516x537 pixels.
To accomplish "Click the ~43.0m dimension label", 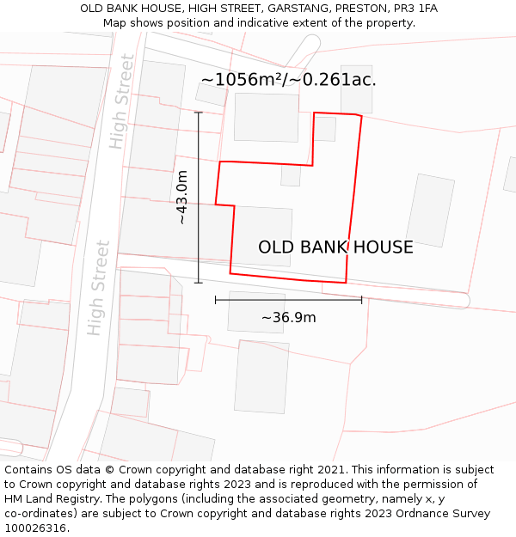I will pos(181,198).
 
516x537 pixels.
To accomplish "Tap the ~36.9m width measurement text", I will pos(288,318).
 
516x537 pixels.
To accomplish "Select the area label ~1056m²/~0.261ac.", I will pos(288,80).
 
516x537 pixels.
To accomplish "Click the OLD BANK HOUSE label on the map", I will pos(335,247).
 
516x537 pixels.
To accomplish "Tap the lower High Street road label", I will pos(99,288).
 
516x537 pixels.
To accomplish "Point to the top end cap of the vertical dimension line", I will pos(199,112).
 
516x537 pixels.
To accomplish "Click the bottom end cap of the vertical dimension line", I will pos(199,283).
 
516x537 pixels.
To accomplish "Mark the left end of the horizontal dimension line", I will pos(215,300).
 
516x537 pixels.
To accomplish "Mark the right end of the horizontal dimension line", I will pos(362,300).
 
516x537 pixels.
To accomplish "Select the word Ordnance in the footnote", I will pos(427,514).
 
